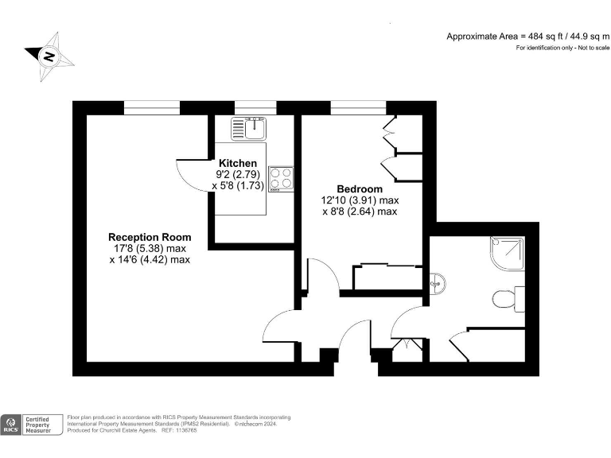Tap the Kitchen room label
point(238,163)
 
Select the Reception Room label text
point(150,237)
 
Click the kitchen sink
point(250,127)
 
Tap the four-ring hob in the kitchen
point(280,178)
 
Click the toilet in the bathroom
point(504,299)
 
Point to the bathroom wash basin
point(435,281)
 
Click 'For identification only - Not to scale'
point(562,49)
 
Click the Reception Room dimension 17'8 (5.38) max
point(150,248)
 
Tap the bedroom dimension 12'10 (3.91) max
point(360,200)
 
